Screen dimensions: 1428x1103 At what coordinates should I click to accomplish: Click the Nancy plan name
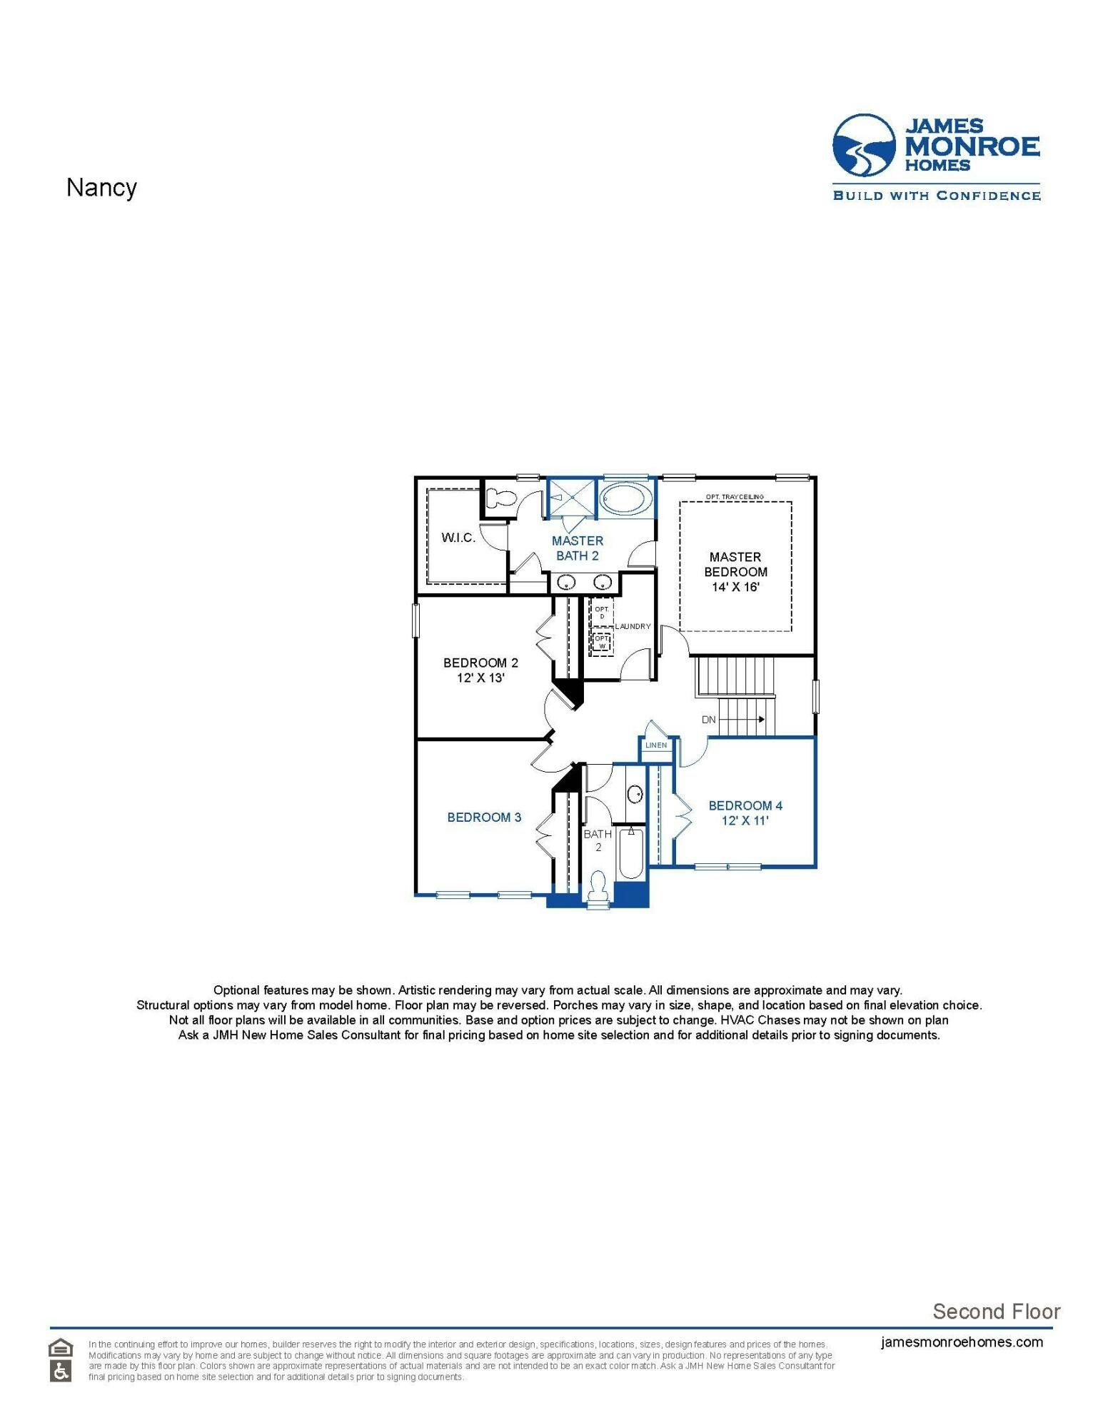pyautogui.click(x=101, y=188)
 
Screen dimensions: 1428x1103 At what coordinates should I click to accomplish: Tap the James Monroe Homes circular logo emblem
pyautogui.click(x=864, y=146)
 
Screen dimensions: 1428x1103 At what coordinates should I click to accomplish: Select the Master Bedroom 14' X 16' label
pyautogui.click(x=735, y=572)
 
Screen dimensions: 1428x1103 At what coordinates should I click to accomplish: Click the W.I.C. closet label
pyautogui.click(x=458, y=538)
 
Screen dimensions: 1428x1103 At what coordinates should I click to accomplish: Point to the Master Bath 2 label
pyautogui.click(x=577, y=548)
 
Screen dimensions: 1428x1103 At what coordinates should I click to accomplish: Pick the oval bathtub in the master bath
pyautogui.click(x=625, y=498)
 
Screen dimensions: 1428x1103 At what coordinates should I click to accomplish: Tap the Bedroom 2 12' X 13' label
pyautogui.click(x=480, y=670)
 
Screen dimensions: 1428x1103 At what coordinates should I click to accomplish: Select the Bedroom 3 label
pyautogui.click(x=484, y=818)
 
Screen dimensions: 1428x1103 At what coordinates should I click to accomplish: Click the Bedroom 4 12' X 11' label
pyautogui.click(x=745, y=813)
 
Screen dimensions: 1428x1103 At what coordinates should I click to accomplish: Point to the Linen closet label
pyautogui.click(x=656, y=745)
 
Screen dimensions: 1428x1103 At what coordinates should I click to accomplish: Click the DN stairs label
pyautogui.click(x=708, y=720)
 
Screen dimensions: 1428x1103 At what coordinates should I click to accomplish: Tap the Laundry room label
pyautogui.click(x=633, y=626)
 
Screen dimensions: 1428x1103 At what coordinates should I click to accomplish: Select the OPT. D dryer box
pyautogui.click(x=602, y=613)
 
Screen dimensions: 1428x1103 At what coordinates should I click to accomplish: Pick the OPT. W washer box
pyautogui.click(x=602, y=643)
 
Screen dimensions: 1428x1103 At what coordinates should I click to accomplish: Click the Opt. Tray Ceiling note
pyautogui.click(x=735, y=497)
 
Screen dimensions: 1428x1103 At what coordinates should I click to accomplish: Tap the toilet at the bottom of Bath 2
pyautogui.click(x=597, y=890)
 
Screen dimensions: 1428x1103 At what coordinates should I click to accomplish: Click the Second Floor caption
pyautogui.click(x=996, y=1312)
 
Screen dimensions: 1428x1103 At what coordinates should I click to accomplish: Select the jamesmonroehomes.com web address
pyautogui.click(x=962, y=1342)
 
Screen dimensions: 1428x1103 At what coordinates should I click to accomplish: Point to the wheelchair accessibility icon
pyautogui.click(x=61, y=1372)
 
